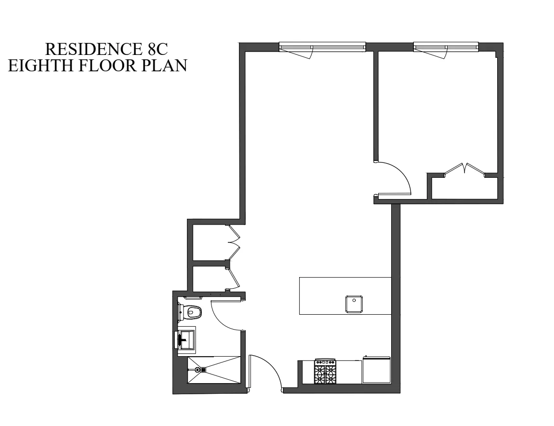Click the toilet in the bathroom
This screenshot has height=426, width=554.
pyautogui.click(x=191, y=312)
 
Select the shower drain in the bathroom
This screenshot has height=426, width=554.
pyautogui.click(x=203, y=370)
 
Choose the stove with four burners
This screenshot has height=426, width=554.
pyautogui.click(x=325, y=372)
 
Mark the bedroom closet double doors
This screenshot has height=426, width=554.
pyautogui.click(x=464, y=169)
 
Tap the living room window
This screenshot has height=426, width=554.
pyautogui.click(x=322, y=47)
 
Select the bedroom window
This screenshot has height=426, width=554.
pyautogui.click(x=446, y=47)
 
